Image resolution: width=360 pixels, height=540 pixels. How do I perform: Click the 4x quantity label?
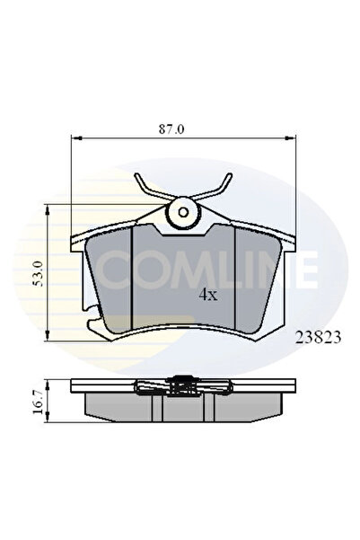click(207, 295)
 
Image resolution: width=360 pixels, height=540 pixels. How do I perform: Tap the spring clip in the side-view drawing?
click(184, 387)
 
